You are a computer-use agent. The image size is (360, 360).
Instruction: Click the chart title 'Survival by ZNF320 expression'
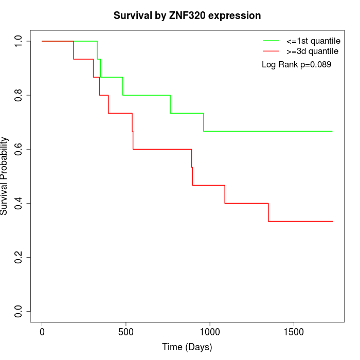187,16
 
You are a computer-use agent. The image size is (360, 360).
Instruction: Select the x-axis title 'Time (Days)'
187,347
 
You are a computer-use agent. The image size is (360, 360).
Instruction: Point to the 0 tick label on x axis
42,331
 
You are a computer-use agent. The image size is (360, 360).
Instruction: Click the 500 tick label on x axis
126,331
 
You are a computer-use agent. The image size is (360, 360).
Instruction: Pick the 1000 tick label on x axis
210,331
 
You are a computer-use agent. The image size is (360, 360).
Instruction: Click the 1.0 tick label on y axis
19,41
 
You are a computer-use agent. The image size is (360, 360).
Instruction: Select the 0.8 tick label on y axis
19,95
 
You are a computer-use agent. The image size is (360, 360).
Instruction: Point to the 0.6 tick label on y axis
19,149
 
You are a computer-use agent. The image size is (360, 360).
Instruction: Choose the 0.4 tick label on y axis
19,203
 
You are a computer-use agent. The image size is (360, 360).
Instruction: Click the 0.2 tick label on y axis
19,257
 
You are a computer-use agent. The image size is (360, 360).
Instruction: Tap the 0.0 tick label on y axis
19,311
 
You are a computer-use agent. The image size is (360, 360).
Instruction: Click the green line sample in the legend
271,41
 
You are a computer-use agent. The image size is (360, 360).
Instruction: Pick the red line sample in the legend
271,51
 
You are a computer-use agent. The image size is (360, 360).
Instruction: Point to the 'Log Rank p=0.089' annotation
296,65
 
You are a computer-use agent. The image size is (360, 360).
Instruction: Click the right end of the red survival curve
333,221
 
